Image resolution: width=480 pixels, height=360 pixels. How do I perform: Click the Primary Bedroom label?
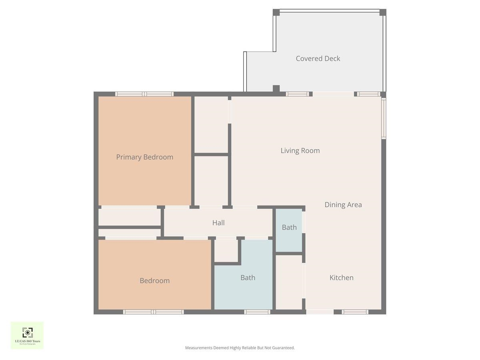coord(144,157)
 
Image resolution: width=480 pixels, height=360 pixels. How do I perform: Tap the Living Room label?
coord(300,151)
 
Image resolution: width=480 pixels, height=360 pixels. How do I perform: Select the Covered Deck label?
coord(318,58)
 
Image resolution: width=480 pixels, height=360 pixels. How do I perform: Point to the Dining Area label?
coord(343,205)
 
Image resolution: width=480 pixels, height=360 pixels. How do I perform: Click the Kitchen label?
coord(341,278)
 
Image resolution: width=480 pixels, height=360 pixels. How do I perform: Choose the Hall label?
coord(218,223)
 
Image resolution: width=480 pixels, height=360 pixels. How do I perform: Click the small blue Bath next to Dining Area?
coord(289,227)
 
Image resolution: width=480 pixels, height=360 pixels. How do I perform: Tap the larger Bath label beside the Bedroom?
coord(248,278)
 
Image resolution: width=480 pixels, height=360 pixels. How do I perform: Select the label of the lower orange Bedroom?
coord(154,281)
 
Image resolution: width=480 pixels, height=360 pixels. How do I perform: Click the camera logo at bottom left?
coord(27,333)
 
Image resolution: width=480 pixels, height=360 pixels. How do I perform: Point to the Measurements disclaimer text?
coord(240,348)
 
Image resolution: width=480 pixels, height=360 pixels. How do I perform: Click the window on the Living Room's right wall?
coord(384,119)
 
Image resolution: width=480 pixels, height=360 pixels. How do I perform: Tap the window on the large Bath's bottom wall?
coord(257,312)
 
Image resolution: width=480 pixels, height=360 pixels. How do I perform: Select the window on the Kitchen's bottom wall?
coord(355,312)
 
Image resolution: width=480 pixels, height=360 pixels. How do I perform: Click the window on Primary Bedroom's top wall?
coord(144,94)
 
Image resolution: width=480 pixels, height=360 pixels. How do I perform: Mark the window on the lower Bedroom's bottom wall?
coord(154,312)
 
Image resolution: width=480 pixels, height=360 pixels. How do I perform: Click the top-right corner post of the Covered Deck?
coord(382,12)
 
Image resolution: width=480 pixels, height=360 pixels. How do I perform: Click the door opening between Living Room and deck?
coord(333,94)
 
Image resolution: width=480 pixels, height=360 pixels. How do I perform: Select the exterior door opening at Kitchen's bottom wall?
coord(320,312)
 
